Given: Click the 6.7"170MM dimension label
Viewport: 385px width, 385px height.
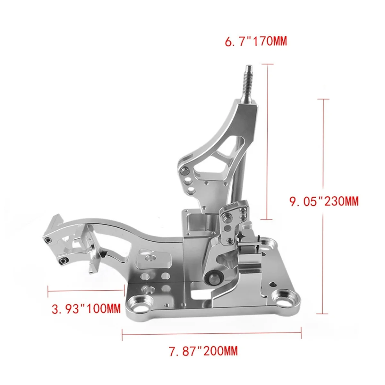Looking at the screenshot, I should coord(256,41).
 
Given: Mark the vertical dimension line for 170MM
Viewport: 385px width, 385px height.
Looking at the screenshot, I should coord(267,141).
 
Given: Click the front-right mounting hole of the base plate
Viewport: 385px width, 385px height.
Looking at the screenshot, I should coord(284,296).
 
